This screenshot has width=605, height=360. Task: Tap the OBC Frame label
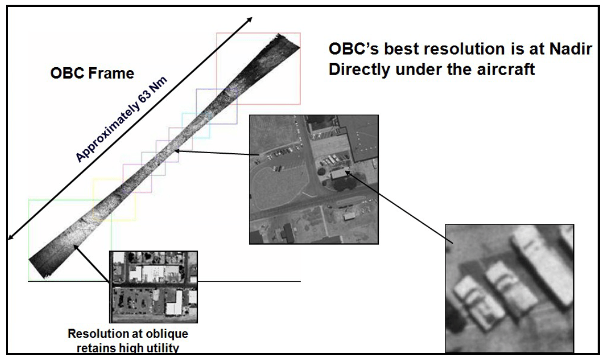tap(92, 73)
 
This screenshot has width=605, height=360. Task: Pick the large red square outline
tap(259, 68)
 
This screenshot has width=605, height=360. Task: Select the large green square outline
tap(69, 240)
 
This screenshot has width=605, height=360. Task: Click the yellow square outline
tap(114, 199)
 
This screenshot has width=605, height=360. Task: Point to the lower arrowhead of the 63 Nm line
tap(10, 236)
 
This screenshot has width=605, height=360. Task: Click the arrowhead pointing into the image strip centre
tap(177, 151)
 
